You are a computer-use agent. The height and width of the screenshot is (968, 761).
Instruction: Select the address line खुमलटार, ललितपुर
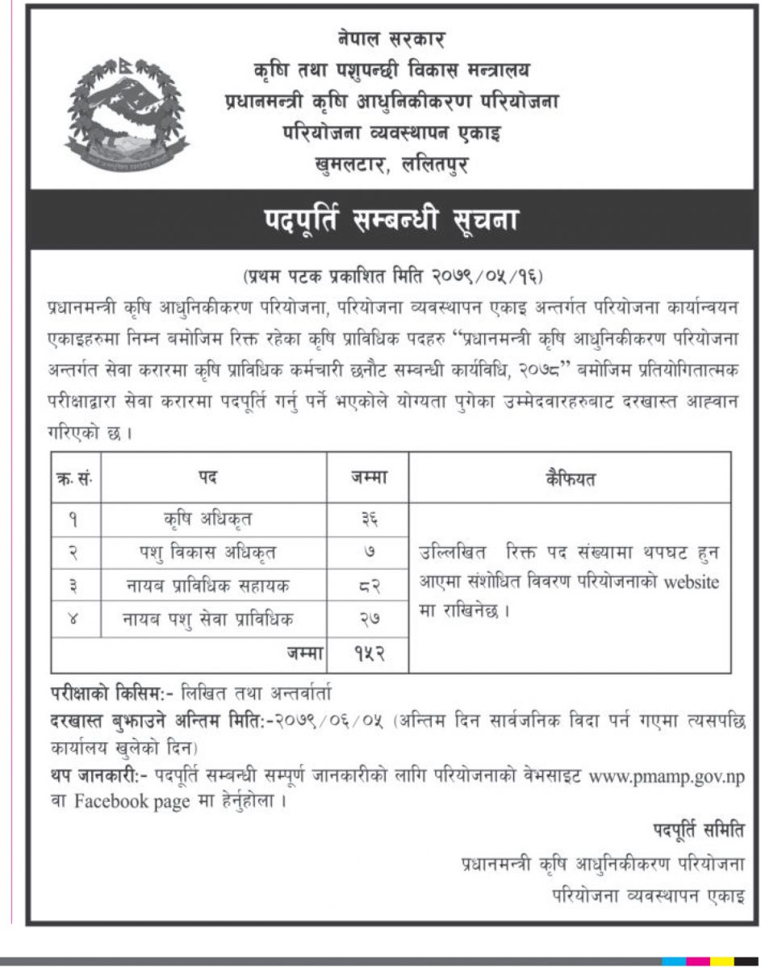pyautogui.click(x=392, y=165)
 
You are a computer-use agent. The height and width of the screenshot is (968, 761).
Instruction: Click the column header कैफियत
pyautogui.click(x=571, y=478)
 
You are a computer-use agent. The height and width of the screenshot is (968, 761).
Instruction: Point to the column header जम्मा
pyautogui.click(x=367, y=478)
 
